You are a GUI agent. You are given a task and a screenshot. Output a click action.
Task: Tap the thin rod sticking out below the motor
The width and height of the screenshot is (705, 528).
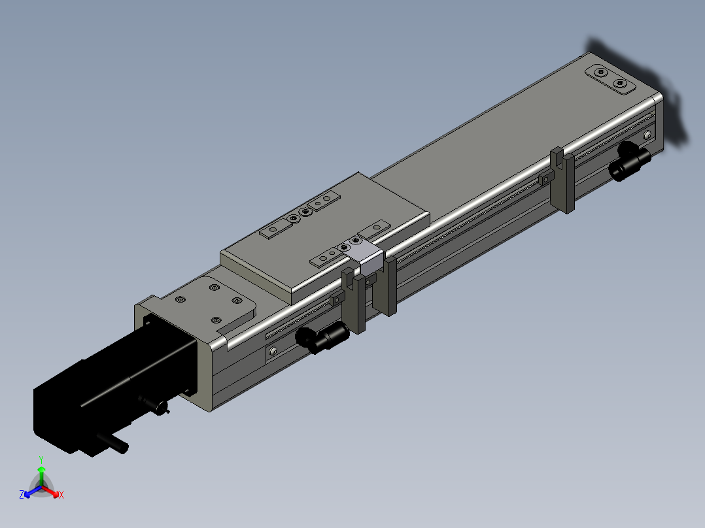tap(114, 442)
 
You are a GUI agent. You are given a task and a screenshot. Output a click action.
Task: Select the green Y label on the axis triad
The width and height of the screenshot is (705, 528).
tap(41, 459)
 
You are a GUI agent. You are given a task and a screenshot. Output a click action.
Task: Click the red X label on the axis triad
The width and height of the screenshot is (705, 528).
tap(61, 495)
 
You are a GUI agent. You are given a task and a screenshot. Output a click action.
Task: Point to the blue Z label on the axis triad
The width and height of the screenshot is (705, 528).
tap(22, 495)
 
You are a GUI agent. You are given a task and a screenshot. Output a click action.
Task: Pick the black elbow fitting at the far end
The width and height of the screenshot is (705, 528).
tap(629, 161)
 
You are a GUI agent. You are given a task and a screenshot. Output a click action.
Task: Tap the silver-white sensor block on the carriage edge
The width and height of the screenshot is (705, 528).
tap(369, 259)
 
